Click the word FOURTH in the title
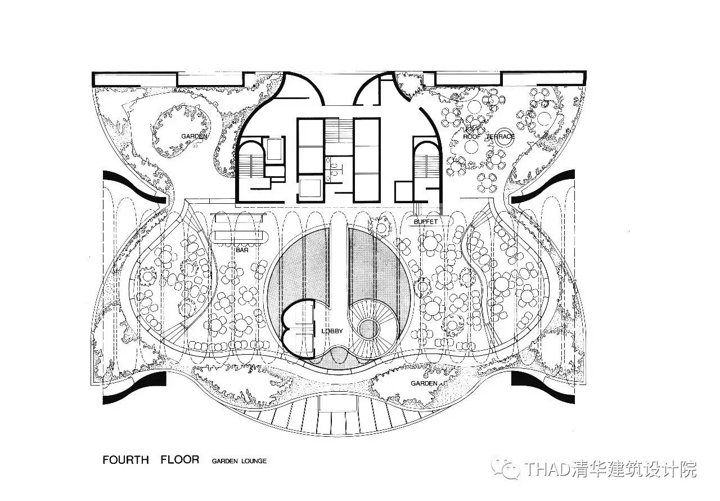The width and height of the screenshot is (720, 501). click(x=125, y=460)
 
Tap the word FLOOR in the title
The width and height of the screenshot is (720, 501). click(x=179, y=460)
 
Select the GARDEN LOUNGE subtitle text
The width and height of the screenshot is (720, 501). click(x=239, y=461)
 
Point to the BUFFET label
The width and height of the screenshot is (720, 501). click(x=425, y=222)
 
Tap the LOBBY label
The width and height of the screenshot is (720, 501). click(x=332, y=331)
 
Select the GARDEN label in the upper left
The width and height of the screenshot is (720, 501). click(x=195, y=136)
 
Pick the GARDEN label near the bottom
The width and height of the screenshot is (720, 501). click(x=424, y=383)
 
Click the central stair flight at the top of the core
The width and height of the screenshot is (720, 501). click(x=338, y=132)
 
